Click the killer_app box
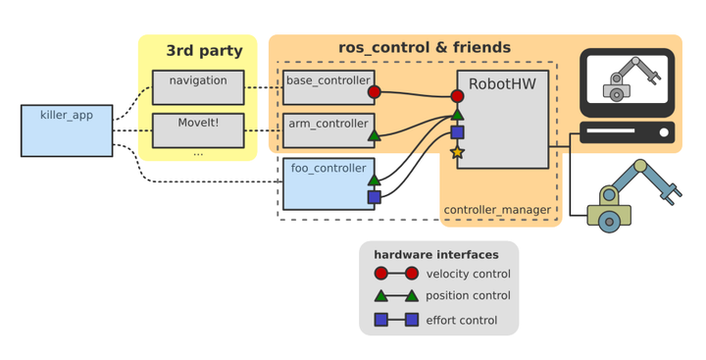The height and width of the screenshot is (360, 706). [67, 129]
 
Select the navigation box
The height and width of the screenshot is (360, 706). [198, 87]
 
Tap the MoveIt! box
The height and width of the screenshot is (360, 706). [198, 129]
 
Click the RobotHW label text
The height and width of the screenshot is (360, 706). [502, 84]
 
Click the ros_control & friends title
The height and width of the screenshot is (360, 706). [425, 47]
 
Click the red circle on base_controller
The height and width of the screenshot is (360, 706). [374, 92]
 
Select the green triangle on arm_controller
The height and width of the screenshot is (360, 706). [374, 135]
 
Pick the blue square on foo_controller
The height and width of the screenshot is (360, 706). [374, 197]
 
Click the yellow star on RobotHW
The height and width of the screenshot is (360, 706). [457, 152]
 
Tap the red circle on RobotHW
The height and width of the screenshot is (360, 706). [457, 96]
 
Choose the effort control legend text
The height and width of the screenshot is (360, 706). [461, 320]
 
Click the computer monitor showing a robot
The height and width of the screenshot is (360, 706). [628, 82]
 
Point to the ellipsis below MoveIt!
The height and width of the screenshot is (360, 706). [198, 153]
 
